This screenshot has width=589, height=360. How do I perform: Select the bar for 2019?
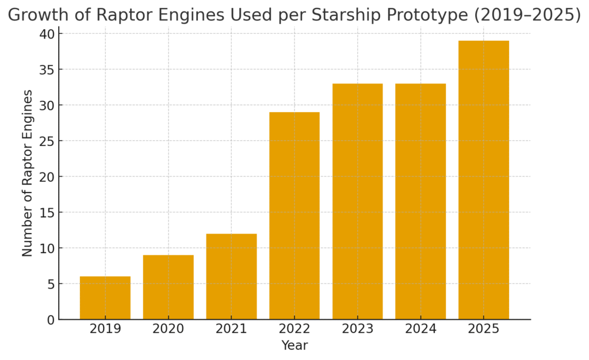pyautogui.click(x=105, y=298)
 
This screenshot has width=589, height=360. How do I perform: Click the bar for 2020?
pyautogui.click(x=169, y=287)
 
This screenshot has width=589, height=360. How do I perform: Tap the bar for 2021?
pyautogui.click(x=231, y=277)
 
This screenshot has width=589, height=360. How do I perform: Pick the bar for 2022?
pyautogui.click(x=294, y=216)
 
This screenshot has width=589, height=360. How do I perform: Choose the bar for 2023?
pyautogui.click(x=358, y=202)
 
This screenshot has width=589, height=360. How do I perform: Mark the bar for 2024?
pyautogui.click(x=420, y=202)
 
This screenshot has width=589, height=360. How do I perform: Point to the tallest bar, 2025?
pyautogui.click(x=484, y=180)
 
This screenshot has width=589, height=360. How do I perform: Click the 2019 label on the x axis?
pyautogui.click(x=105, y=329)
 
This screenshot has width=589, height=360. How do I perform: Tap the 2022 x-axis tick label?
pyautogui.click(x=294, y=329)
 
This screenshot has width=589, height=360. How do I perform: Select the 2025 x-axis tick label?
pyautogui.click(x=484, y=329)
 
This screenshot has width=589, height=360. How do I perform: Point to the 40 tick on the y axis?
pyautogui.click(x=47, y=34)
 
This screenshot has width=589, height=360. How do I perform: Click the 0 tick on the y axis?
pyautogui.click(x=51, y=320)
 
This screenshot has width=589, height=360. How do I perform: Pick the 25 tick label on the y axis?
pyautogui.click(x=47, y=141)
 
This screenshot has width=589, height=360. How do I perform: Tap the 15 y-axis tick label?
pyautogui.click(x=47, y=212)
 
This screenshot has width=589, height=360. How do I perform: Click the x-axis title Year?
pyautogui.click(x=294, y=346)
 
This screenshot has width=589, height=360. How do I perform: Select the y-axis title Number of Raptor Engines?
pyautogui.click(x=28, y=173)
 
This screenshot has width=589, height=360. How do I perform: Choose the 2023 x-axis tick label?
pyautogui.click(x=358, y=329)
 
